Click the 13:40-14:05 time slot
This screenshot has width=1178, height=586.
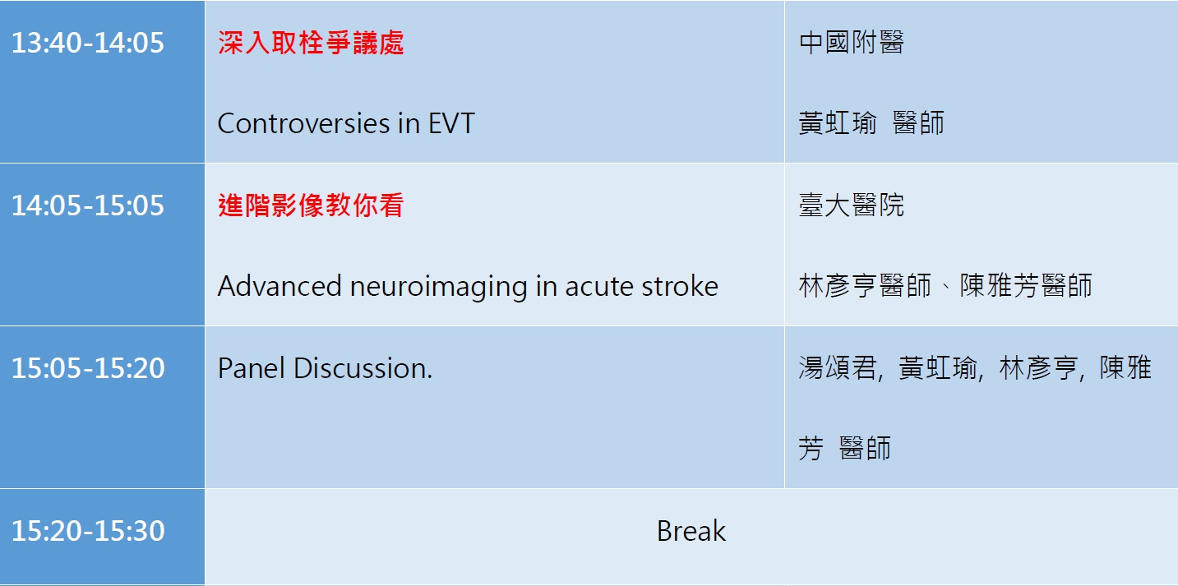(x=88, y=43)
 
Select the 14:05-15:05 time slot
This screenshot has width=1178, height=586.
(x=88, y=205)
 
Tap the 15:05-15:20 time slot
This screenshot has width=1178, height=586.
(x=88, y=368)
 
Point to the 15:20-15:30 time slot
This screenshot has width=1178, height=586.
(x=88, y=531)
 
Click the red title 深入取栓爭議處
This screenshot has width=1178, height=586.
(x=311, y=43)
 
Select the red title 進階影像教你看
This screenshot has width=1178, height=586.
(x=311, y=205)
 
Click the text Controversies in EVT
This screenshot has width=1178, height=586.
(x=346, y=123)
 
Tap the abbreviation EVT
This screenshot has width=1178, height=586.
(x=451, y=123)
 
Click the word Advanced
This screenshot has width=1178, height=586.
(x=279, y=286)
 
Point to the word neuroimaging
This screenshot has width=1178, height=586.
(x=439, y=288)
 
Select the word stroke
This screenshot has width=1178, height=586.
(x=680, y=286)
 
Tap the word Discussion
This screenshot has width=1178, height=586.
(x=363, y=368)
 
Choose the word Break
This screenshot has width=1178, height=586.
(x=691, y=531)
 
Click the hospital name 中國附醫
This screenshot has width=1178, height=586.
(x=852, y=43)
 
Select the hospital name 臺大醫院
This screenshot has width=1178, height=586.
(x=852, y=205)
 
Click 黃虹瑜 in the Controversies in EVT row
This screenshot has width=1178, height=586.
(x=838, y=123)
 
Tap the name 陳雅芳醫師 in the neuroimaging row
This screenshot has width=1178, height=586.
(x=1026, y=286)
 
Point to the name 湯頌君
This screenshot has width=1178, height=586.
(x=838, y=368)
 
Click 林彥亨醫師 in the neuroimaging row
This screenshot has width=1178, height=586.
(x=865, y=286)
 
